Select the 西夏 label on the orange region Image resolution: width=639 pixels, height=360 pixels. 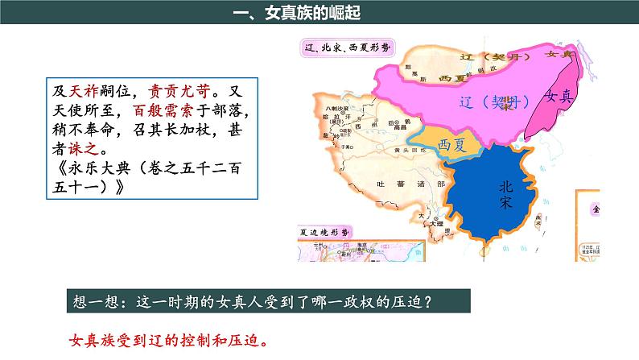pos(452,144)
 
